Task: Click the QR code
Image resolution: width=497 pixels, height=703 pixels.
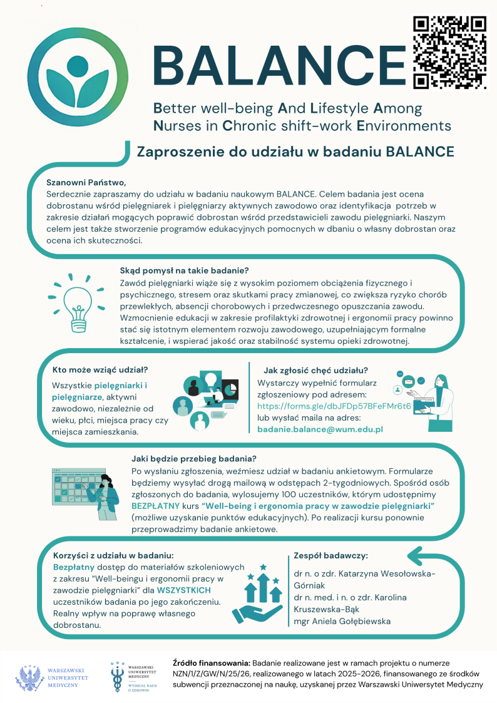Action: (449, 51)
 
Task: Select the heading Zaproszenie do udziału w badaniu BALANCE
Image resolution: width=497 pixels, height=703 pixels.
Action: (295, 151)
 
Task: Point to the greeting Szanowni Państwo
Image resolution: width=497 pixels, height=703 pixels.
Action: (86, 183)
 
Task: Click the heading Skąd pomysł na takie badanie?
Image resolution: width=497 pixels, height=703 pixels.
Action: (185, 270)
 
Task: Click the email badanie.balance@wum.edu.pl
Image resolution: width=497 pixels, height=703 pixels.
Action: (320, 429)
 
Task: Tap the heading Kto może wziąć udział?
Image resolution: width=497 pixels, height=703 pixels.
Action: (100, 370)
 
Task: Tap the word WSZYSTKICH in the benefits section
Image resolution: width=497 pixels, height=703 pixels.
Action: (184, 590)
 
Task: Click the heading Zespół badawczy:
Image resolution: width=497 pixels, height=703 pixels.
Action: (330, 555)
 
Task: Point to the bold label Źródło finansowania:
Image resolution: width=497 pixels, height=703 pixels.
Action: (210, 662)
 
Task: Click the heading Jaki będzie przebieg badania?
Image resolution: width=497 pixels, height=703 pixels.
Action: (194, 458)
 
